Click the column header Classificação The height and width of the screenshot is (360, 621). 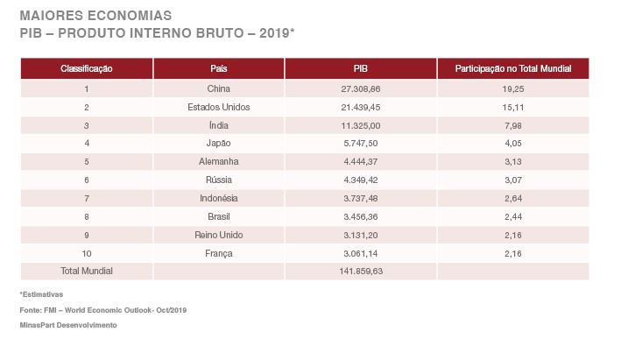point(87,68)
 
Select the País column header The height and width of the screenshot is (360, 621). point(219,68)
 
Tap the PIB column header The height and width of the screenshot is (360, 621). point(360,68)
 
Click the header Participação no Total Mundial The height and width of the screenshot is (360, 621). point(512,68)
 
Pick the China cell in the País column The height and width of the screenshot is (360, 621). point(219,88)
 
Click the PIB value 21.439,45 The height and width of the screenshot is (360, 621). point(361,107)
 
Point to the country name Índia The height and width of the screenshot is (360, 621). point(219,125)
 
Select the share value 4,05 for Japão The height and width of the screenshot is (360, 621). point(513,143)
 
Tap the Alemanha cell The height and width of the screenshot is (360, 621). point(219,161)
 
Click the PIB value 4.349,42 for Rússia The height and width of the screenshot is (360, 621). point(361,180)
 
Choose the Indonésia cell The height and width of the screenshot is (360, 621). point(219,198)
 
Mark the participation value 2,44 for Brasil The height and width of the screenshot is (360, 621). point(513,216)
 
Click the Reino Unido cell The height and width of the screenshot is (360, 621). point(219,235)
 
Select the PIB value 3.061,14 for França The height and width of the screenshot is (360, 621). point(361,253)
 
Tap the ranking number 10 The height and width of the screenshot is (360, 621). point(87,253)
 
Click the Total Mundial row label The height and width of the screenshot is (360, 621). point(87,271)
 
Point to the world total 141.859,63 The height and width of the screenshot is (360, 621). point(361,271)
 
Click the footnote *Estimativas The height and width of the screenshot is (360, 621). point(41,294)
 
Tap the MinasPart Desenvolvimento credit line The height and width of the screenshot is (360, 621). point(67,324)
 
